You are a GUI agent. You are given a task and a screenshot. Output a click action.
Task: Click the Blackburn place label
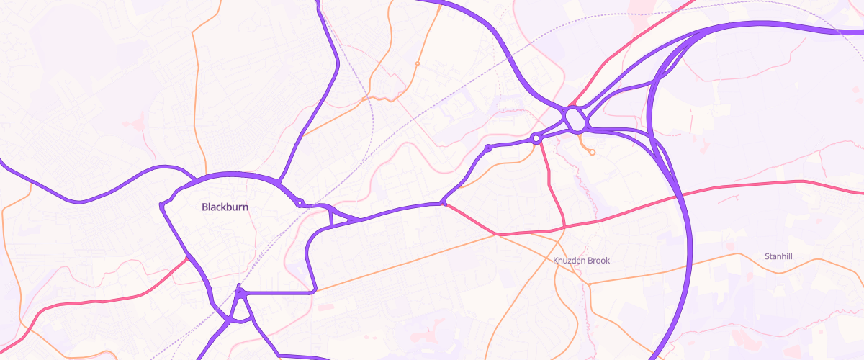tap(224, 207)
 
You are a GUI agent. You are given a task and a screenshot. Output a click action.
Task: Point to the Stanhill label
tap(779, 256)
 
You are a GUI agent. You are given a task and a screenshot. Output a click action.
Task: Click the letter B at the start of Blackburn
tap(205, 207)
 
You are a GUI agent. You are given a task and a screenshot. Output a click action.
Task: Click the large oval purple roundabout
tap(575, 119)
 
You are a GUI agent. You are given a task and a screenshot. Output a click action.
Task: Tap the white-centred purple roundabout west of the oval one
tap(536, 138)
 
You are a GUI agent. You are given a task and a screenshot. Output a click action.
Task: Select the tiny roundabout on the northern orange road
tap(418, 63)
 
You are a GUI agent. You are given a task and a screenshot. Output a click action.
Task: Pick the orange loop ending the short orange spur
tap(592, 152)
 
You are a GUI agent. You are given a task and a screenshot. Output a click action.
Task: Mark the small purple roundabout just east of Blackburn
tap(300, 202)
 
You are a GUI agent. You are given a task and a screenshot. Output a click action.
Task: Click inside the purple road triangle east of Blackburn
tap(335, 217)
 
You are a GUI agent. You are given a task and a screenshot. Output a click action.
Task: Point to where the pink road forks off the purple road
tap(443, 204)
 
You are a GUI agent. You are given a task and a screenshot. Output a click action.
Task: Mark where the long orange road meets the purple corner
tap(315, 292)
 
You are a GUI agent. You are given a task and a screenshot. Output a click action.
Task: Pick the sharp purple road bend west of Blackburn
tap(161, 207)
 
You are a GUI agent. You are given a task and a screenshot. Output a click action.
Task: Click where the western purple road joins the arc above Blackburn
tap(194, 177)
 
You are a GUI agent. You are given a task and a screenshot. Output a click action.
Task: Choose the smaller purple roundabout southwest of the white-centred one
tap(488, 148)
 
